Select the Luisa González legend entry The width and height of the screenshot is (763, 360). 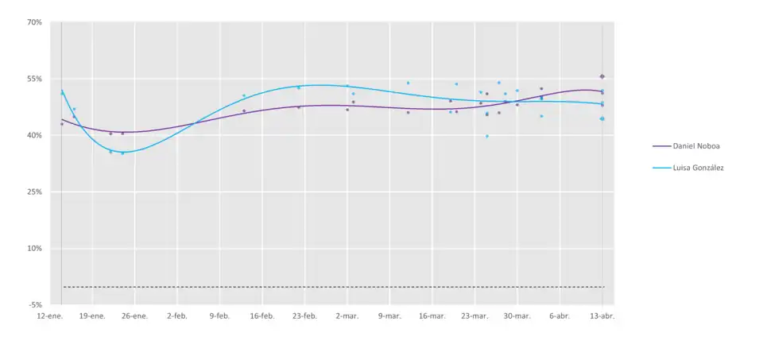[x=698, y=168]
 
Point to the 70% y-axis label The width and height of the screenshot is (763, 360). [x=34, y=22]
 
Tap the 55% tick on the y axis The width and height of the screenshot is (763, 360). [x=34, y=79]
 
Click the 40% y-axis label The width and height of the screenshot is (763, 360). [x=34, y=135]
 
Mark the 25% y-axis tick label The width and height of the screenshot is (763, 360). [x=34, y=192]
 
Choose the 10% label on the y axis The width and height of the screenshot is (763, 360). [x=34, y=248]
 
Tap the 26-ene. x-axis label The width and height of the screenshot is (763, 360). [x=134, y=316]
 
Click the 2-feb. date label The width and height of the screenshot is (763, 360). [x=177, y=316]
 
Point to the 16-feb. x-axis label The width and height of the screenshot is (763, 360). [x=262, y=316]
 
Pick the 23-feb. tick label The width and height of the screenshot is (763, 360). [x=304, y=316]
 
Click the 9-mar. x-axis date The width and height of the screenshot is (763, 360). [x=389, y=316]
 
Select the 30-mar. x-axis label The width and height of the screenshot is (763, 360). [x=517, y=316]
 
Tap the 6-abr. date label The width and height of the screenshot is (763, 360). [x=560, y=316]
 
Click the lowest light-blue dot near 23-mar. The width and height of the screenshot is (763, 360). [x=487, y=136]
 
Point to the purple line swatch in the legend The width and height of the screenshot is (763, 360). [x=661, y=146]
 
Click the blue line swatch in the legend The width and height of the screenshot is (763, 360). [x=661, y=168]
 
